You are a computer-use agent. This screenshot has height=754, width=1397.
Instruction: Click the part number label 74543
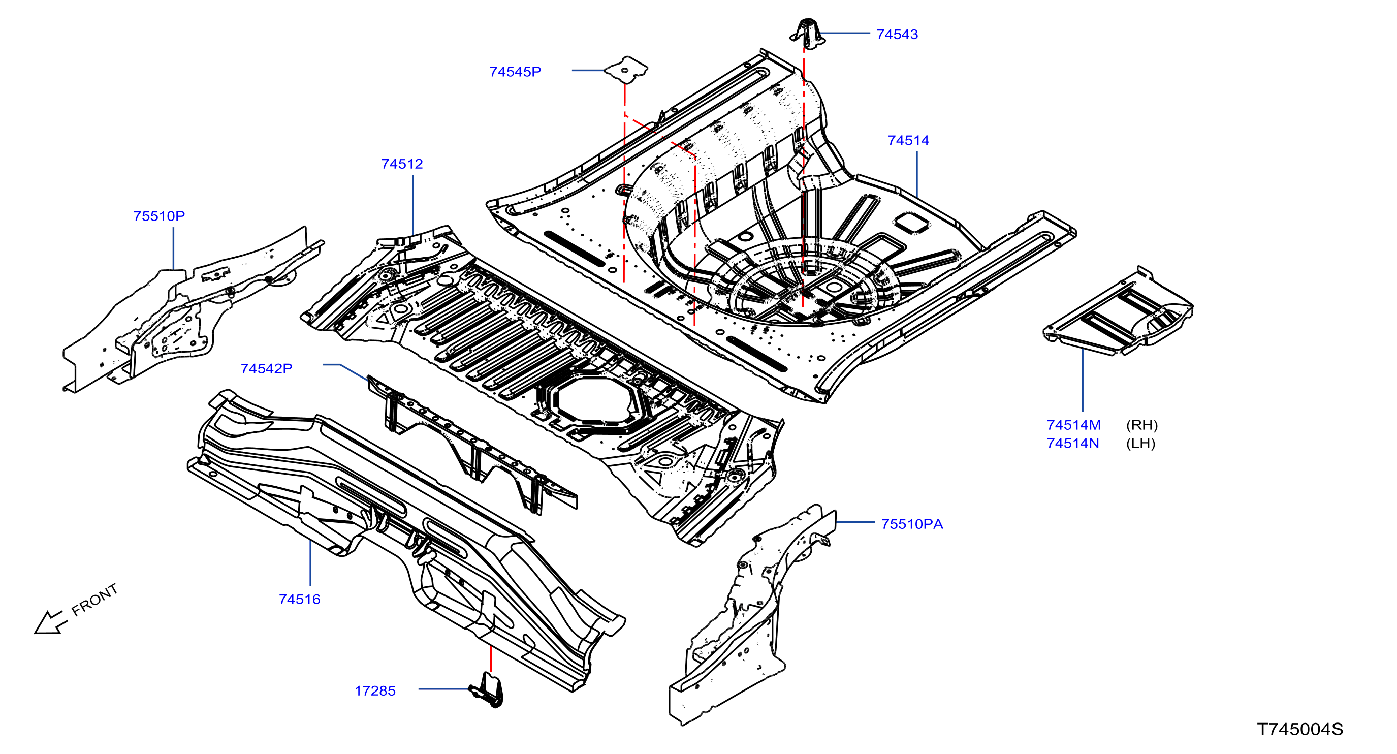[x=897, y=34]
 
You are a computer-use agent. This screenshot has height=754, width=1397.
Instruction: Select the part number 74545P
[x=515, y=72]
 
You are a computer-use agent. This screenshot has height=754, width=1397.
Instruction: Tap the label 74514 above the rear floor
[x=908, y=141]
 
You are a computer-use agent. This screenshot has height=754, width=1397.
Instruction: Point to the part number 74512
[x=402, y=164]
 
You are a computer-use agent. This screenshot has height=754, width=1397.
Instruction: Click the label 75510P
[x=159, y=216]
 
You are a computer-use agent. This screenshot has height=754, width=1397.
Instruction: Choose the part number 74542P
[x=266, y=368]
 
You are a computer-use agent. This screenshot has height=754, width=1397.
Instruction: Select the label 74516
[x=299, y=599]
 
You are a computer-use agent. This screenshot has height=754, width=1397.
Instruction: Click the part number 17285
[x=375, y=690]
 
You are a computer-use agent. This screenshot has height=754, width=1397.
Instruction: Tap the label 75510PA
[x=912, y=524]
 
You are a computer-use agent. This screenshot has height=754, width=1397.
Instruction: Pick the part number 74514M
[x=1073, y=425]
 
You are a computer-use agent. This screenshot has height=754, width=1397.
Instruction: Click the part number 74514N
[x=1073, y=443]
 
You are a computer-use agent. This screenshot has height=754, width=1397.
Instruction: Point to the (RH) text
[x=1141, y=425]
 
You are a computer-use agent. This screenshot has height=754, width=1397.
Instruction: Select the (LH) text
[x=1140, y=443]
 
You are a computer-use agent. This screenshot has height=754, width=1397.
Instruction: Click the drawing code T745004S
[x=1300, y=729]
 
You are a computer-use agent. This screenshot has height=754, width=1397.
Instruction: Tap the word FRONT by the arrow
[x=94, y=600]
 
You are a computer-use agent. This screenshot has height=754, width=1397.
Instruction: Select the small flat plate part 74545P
[x=626, y=70]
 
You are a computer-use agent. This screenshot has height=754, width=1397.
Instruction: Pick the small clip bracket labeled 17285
[x=487, y=689]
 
